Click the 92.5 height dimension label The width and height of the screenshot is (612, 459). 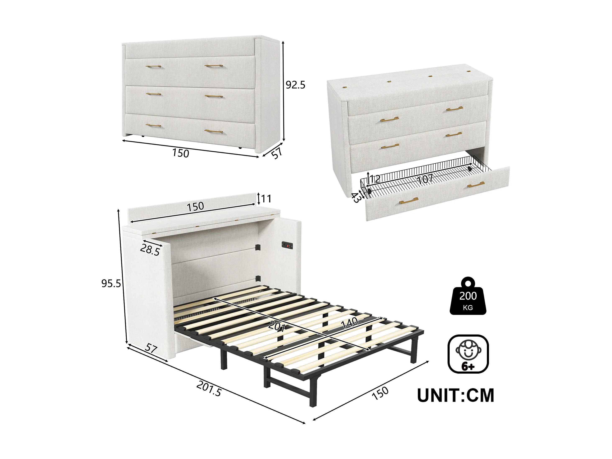tap(295, 85)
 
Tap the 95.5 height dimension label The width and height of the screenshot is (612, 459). tap(111, 283)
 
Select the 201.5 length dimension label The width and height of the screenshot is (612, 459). tap(209, 389)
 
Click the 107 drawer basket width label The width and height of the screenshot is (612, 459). tap(425, 179)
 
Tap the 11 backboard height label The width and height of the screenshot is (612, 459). tap(266, 198)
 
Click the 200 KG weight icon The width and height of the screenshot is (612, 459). tap(468, 296)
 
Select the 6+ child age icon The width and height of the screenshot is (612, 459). tap(468, 354)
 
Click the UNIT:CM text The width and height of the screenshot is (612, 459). tap(455, 395)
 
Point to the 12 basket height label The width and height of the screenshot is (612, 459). tap(375, 179)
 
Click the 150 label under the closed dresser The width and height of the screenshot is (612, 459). tap(181, 153)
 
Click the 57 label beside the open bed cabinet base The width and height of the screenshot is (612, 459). tap(151, 348)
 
